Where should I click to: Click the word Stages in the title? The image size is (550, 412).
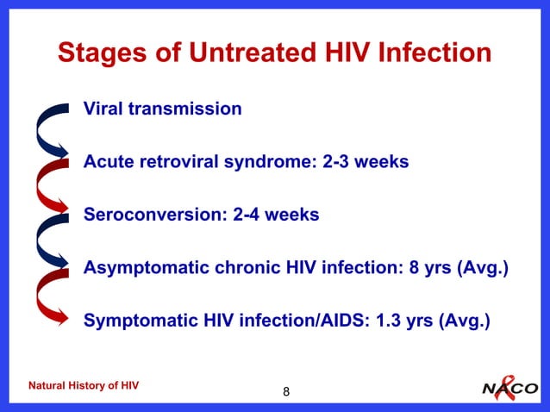[98, 53]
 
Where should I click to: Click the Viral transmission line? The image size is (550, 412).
[162, 109]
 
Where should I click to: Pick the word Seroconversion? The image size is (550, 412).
[155, 215]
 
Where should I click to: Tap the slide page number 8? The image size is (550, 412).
[286, 393]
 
